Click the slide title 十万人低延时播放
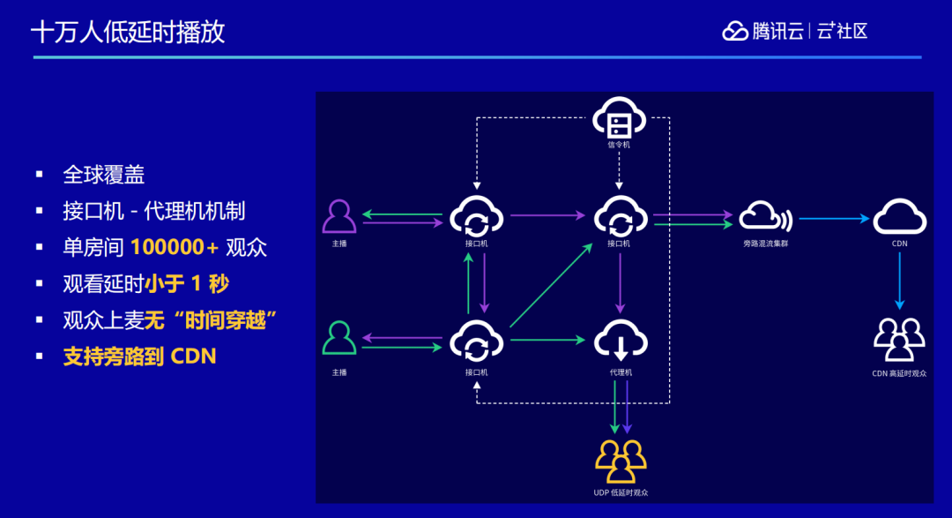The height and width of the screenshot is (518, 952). pyautogui.click(x=128, y=33)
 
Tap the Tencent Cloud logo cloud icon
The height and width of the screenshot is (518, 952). pyautogui.click(x=735, y=31)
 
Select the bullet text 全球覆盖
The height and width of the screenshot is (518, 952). pyautogui.click(x=103, y=175)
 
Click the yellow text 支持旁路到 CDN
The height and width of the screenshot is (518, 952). pyautogui.click(x=139, y=357)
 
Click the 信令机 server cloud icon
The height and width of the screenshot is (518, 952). pyautogui.click(x=619, y=118)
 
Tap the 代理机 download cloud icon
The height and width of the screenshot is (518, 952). pyautogui.click(x=621, y=340)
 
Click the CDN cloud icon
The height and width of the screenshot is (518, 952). pyautogui.click(x=899, y=216)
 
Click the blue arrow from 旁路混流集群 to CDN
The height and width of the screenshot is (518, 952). pyautogui.click(x=834, y=218)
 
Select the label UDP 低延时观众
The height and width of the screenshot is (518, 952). pyautogui.click(x=621, y=492)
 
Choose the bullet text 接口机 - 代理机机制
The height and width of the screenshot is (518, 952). pyautogui.click(x=153, y=211)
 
